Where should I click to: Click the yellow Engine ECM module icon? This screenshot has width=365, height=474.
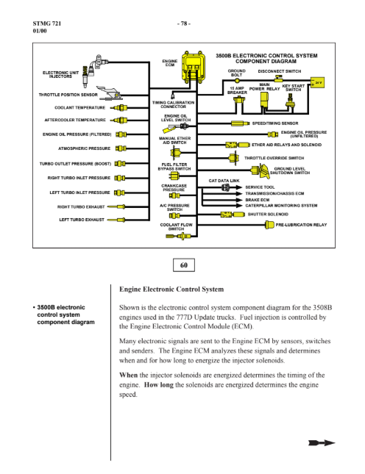click(x=193, y=67)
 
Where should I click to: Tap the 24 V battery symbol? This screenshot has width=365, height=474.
click(x=317, y=82)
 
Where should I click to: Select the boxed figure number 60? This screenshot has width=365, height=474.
click(x=184, y=265)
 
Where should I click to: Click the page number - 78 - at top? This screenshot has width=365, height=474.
click(x=184, y=24)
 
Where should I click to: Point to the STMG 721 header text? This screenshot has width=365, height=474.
click(x=47, y=24)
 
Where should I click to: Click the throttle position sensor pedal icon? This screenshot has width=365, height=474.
click(x=110, y=93)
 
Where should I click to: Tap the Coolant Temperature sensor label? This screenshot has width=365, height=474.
click(x=80, y=107)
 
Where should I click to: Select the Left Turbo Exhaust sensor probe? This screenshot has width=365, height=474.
click(x=116, y=220)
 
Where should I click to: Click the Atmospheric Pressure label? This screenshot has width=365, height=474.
click(x=84, y=148)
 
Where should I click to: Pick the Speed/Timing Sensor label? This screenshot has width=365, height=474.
click(x=275, y=123)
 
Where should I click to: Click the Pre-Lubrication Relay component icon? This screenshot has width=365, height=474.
click(x=269, y=225)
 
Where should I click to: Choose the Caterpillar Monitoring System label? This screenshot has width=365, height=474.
click(x=281, y=206)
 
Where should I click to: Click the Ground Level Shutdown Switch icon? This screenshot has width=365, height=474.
click(x=261, y=171)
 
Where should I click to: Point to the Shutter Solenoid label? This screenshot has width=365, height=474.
click(x=268, y=215)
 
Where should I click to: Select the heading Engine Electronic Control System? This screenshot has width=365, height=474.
click(x=171, y=290)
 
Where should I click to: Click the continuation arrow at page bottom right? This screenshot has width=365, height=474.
click(x=322, y=443)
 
